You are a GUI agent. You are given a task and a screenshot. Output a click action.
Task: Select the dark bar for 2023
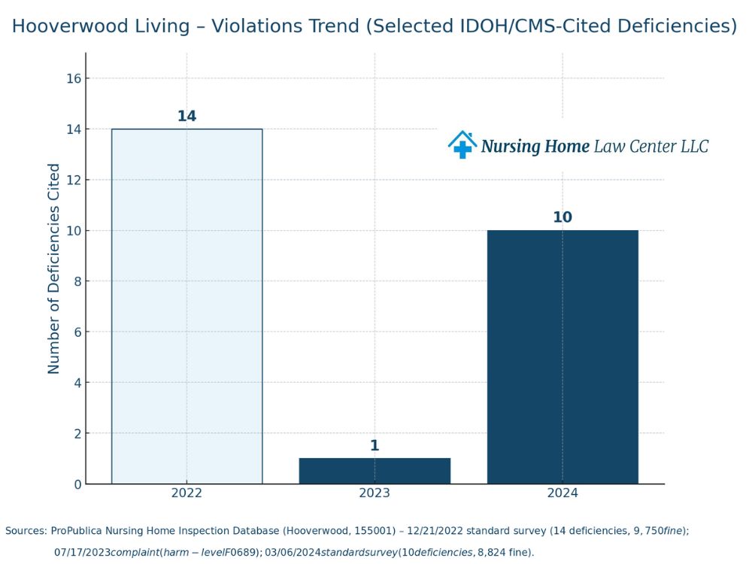point(374,471)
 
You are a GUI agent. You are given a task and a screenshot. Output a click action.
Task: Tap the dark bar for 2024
point(562,356)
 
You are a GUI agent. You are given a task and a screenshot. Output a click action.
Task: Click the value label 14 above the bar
point(186,117)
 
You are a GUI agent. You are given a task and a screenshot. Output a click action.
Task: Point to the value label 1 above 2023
point(374,446)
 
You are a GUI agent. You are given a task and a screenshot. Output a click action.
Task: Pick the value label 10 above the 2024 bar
point(562,217)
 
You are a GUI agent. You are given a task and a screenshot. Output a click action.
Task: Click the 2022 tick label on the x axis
point(186,493)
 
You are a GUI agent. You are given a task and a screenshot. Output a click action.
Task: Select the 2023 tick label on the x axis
point(374,493)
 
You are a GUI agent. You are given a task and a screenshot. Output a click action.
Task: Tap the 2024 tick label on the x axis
point(562,493)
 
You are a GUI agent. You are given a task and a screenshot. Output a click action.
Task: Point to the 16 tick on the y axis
point(73,79)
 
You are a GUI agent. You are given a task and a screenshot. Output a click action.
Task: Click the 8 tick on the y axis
point(77,281)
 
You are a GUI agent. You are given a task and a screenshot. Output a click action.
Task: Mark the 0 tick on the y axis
point(77,484)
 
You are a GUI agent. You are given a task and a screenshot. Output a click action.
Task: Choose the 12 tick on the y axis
point(73,180)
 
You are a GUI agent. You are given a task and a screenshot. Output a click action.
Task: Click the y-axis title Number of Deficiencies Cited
point(54,268)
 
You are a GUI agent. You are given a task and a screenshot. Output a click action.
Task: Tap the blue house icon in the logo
point(462,144)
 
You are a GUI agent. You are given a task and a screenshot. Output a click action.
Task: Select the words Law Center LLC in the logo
point(651,146)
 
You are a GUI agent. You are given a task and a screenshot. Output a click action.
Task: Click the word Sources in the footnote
point(24,531)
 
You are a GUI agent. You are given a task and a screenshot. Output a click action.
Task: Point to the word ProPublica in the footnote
point(80,531)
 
